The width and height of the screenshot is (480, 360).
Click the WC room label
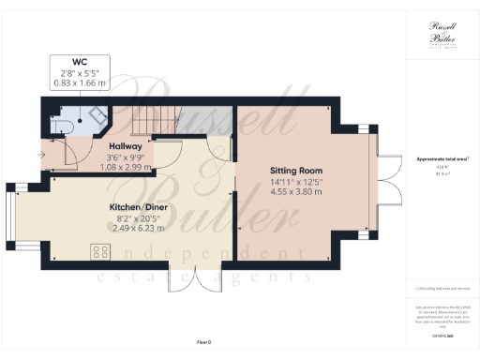click(x=79, y=63)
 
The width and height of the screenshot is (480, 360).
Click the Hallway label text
click(x=125, y=147)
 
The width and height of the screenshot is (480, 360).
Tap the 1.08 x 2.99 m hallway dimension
click(x=125, y=167)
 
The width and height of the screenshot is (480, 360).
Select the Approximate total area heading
click(x=442, y=159)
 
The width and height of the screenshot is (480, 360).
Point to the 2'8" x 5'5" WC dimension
click(x=79, y=73)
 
